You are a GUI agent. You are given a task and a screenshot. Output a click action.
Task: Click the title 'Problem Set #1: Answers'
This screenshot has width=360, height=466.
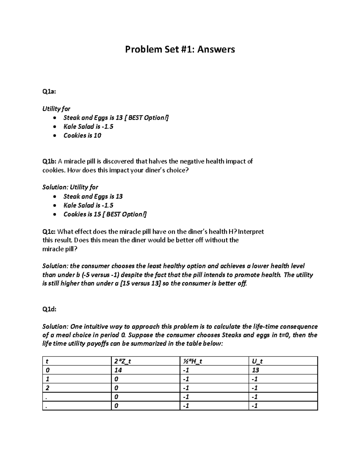180,49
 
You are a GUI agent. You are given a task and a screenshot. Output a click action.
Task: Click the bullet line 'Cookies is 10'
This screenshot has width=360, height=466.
82,136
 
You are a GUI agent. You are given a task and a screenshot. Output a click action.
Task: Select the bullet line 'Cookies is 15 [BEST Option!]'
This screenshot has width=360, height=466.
105,214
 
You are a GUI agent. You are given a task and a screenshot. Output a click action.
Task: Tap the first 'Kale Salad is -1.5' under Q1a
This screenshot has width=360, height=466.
88,127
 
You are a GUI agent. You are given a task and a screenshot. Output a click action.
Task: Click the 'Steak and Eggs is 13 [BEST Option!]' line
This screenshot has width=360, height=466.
116,118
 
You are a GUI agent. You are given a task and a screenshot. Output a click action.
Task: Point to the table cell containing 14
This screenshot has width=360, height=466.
118,370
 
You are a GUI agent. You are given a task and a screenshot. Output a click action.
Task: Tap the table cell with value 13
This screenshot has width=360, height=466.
256,370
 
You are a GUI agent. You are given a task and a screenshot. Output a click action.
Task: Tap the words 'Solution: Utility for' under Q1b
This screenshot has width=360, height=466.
70,187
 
